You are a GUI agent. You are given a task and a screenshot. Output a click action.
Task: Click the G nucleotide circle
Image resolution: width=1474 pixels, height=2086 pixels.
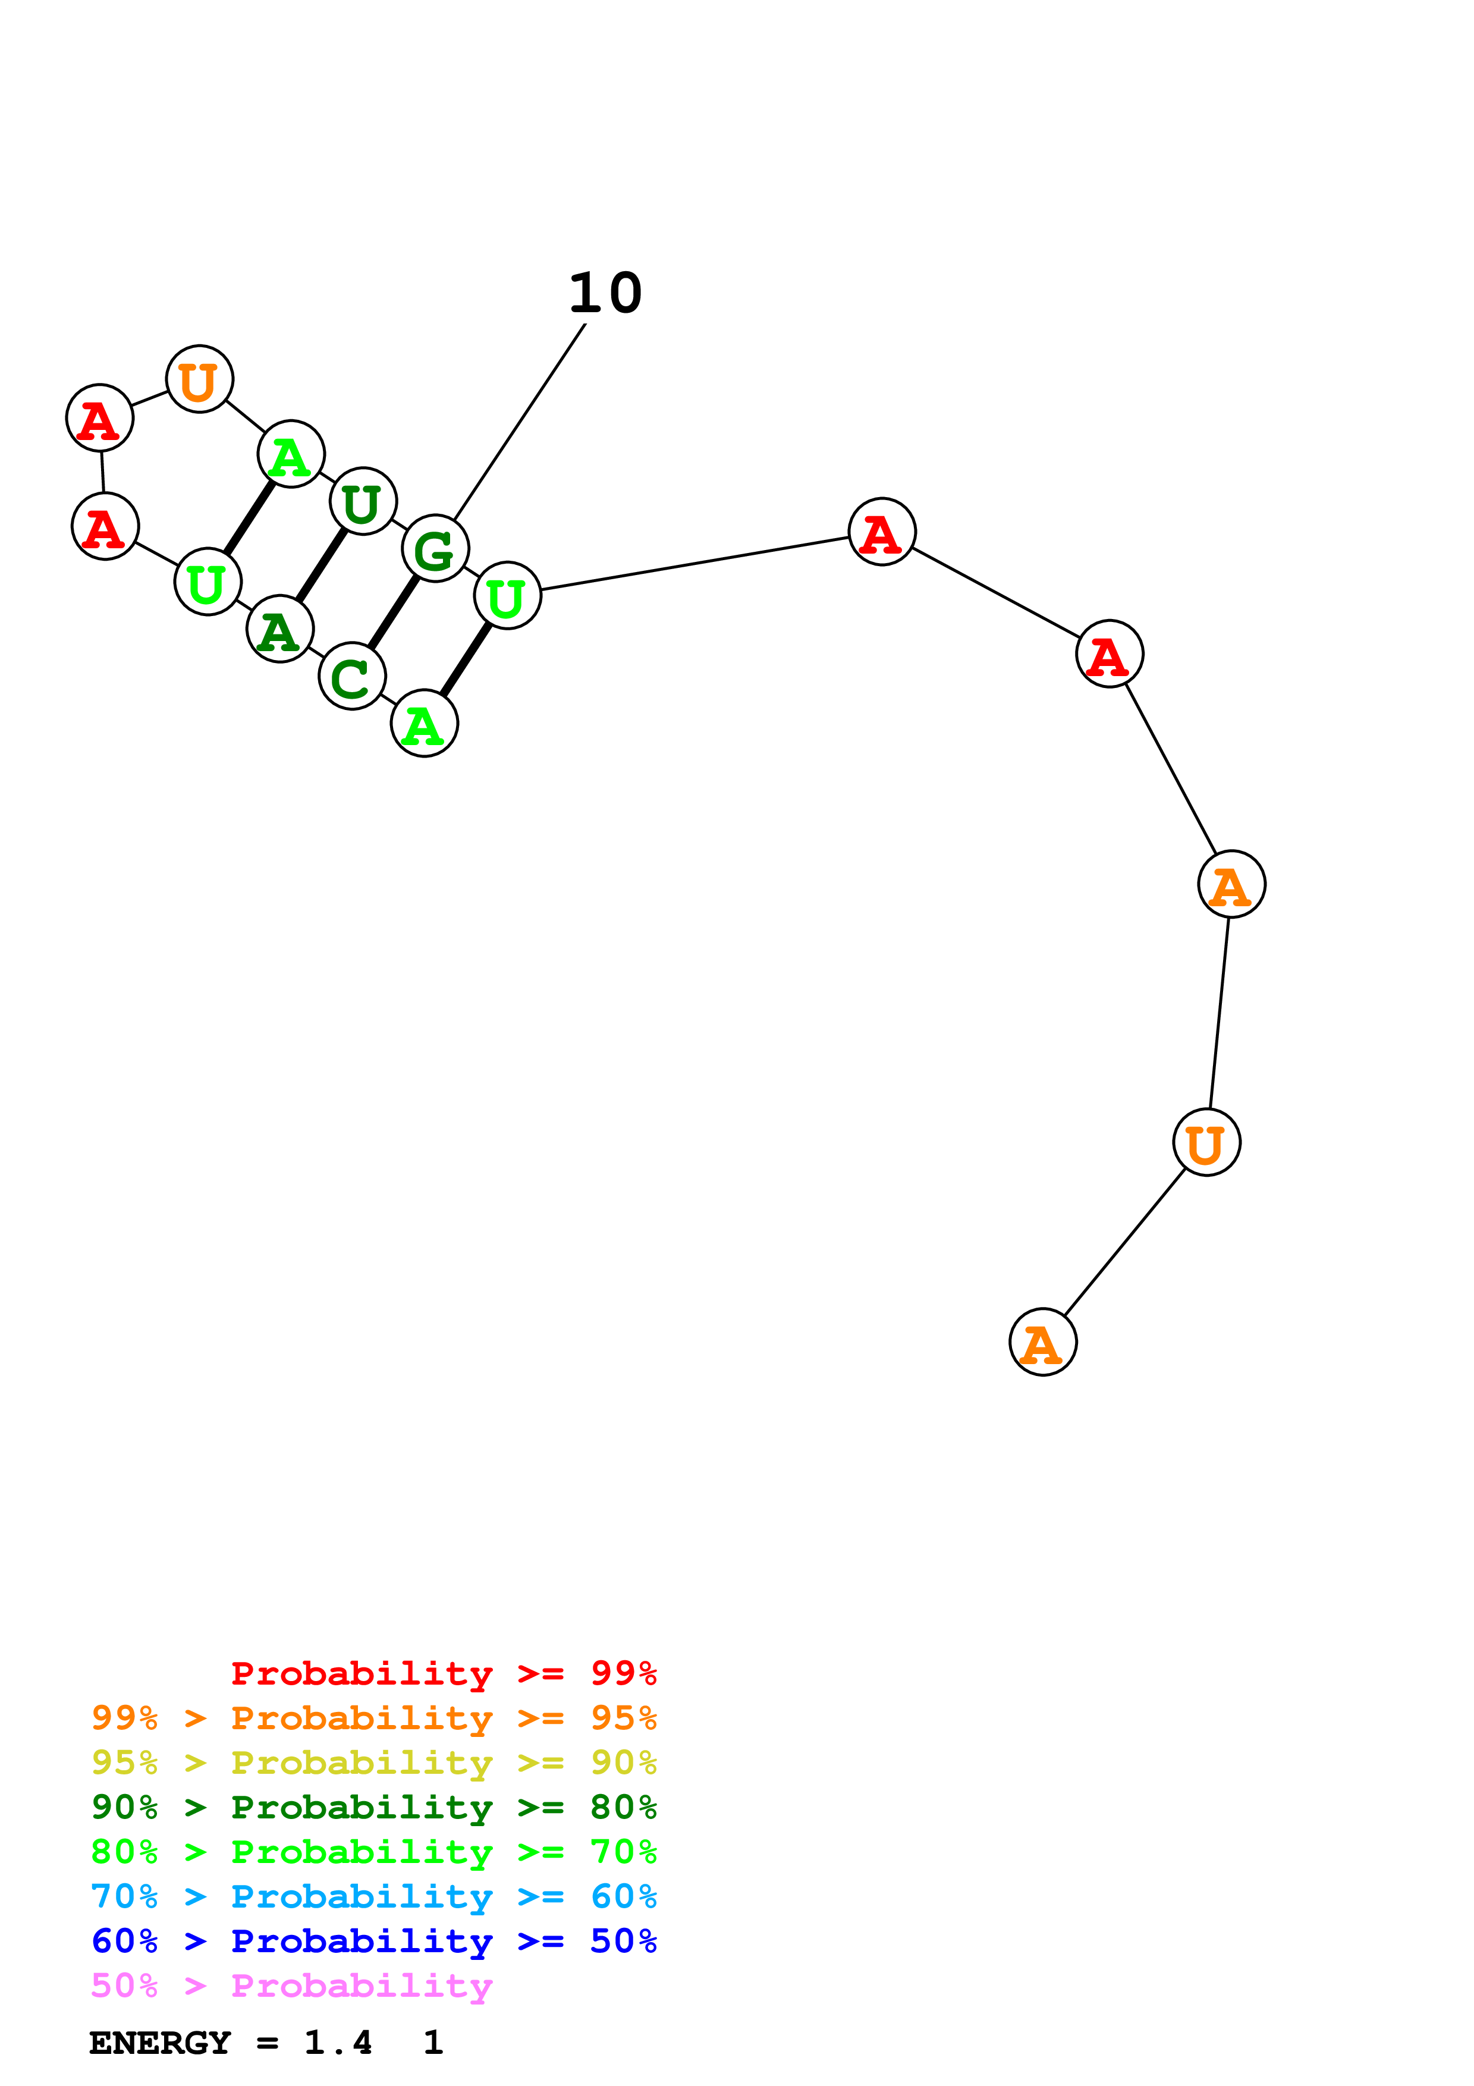click(x=435, y=549)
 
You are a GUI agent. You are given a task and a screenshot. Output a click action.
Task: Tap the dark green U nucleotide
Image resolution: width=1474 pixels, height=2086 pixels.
click(x=363, y=501)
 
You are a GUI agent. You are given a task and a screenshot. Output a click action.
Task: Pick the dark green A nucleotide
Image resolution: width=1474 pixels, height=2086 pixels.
click(x=279, y=629)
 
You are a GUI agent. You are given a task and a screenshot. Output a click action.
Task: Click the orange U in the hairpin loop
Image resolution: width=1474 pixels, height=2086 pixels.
click(x=200, y=379)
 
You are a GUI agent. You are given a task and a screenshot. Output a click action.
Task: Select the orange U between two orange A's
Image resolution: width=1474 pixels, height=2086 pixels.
click(x=1206, y=1142)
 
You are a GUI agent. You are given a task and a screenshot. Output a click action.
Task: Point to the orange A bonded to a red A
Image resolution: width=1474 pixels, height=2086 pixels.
click(x=1231, y=884)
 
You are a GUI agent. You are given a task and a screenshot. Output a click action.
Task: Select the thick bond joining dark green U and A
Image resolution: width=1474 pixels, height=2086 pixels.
click(x=322, y=565)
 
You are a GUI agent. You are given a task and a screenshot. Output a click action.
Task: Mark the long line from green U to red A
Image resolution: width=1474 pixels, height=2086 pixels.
click(x=694, y=563)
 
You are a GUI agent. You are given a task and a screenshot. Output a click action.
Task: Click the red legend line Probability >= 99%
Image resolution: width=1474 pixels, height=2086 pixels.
click(x=444, y=1673)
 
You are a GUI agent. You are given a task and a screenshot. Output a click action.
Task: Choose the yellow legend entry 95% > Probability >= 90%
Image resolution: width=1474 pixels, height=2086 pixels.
click(x=374, y=1763)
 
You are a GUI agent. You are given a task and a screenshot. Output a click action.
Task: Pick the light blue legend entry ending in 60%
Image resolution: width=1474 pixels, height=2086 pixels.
click(x=374, y=1896)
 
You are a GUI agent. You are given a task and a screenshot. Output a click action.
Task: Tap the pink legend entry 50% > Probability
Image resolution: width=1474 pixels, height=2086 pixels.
click(x=291, y=1986)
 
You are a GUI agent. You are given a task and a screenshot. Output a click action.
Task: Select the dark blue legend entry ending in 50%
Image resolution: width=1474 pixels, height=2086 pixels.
click(x=374, y=1941)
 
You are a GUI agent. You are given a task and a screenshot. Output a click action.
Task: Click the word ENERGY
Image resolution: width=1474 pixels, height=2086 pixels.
click(x=160, y=2043)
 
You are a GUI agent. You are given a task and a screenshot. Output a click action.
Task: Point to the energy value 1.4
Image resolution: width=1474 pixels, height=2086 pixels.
click(x=338, y=2043)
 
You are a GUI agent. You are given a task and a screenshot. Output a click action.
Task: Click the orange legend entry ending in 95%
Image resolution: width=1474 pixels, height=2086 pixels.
click(x=374, y=1718)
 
